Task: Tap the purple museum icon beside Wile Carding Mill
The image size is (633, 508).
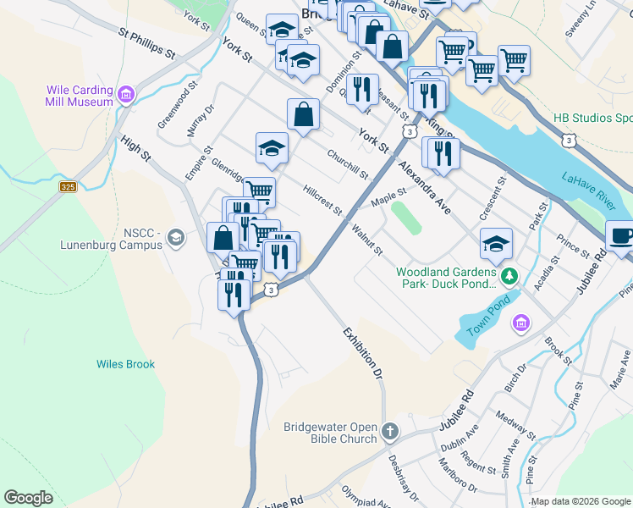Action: [127, 93]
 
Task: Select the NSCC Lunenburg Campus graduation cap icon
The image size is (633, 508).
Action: [175, 238]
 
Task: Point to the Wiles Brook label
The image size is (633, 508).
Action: [125, 364]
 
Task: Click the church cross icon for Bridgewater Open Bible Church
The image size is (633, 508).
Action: [389, 432]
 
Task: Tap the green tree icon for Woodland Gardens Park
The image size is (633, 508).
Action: [509, 276]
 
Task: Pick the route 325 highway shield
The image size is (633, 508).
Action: [69, 186]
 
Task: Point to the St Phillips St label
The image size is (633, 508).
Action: [147, 46]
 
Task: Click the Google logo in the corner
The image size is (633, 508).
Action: [29, 498]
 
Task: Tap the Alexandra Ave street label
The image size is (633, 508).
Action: [427, 185]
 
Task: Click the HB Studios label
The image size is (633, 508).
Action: [592, 118]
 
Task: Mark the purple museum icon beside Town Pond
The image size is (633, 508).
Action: [520, 323]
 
